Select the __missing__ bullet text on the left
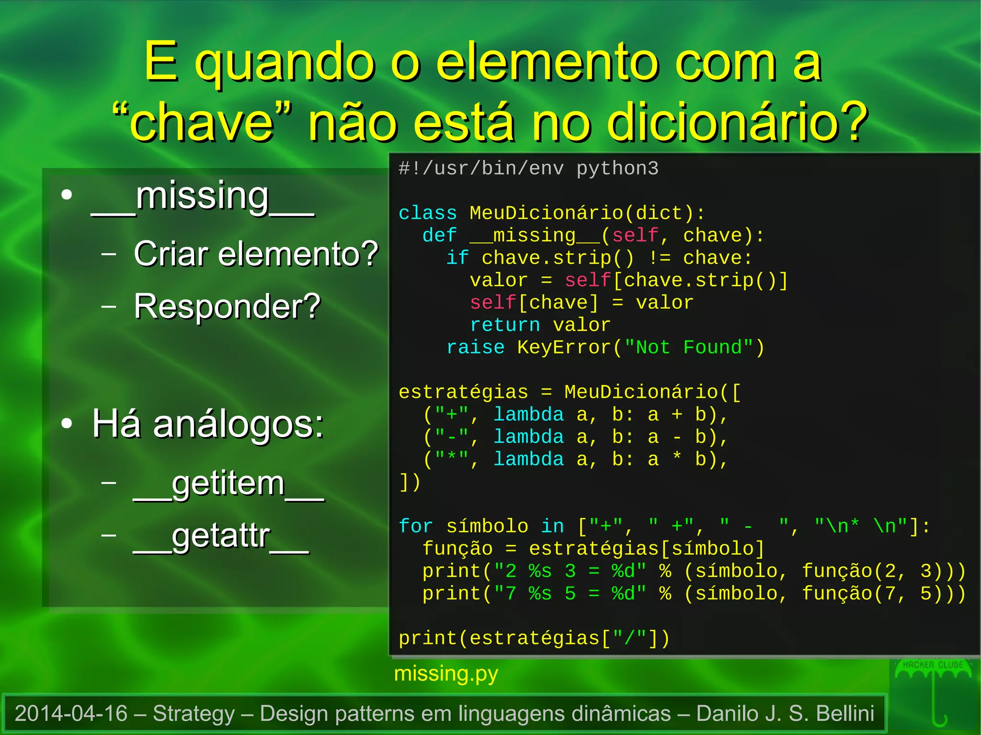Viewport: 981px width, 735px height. point(202,197)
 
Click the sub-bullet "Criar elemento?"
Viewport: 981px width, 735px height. point(256,253)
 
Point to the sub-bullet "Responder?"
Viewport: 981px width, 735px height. point(227,306)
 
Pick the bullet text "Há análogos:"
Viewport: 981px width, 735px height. point(208,424)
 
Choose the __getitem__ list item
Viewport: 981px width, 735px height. point(228,484)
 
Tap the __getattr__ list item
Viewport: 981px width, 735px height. point(221,536)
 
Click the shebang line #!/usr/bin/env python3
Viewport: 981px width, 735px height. point(528,169)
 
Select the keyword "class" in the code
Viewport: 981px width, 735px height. point(428,213)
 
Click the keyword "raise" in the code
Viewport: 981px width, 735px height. point(475,347)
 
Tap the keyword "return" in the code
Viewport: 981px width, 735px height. point(505,325)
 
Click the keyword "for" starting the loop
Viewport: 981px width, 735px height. point(416,526)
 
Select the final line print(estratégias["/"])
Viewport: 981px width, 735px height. point(534,638)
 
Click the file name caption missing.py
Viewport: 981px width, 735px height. point(446,674)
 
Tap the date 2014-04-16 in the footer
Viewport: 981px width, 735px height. point(71,713)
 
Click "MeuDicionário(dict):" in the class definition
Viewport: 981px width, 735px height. point(587,213)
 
